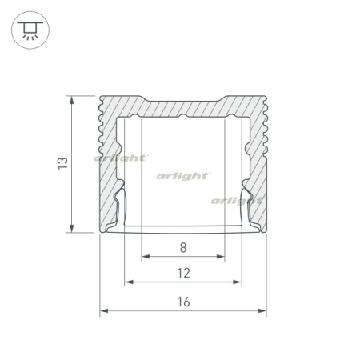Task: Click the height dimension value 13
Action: click(62, 163)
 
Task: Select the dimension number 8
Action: click(183, 247)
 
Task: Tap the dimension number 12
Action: click(183, 273)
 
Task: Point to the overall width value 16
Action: click(183, 302)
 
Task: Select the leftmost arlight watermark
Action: click(121, 158)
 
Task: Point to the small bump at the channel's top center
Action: click(183, 117)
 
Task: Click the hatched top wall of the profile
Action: click(183, 106)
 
